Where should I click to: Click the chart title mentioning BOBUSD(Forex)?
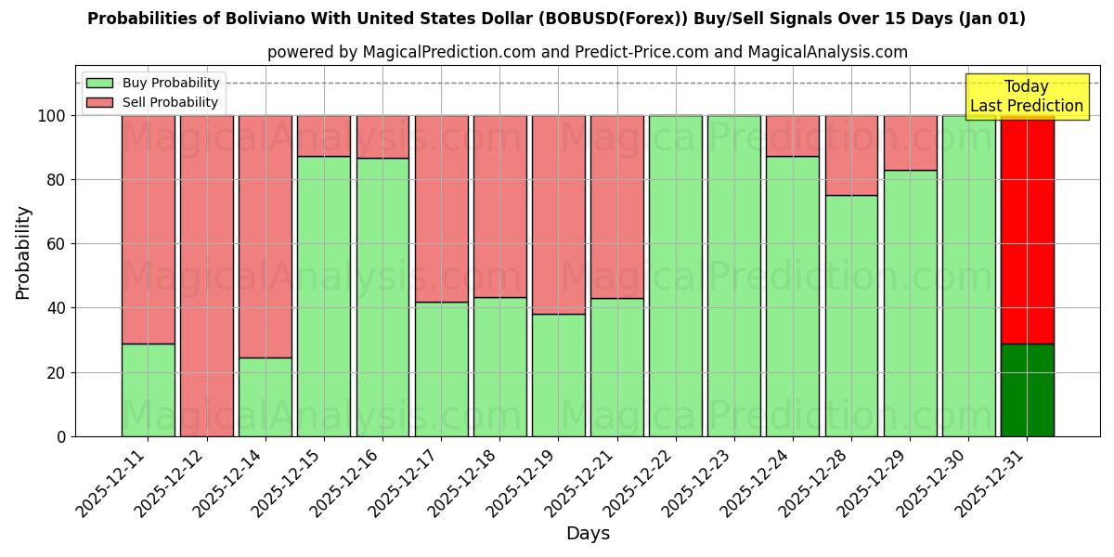click(556, 19)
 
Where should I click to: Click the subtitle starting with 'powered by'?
click(587, 52)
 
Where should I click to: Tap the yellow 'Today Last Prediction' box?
click(1026, 97)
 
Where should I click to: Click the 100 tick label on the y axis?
click(53, 116)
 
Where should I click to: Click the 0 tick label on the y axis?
click(62, 436)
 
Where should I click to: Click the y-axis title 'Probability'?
click(23, 253)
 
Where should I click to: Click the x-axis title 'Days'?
click(588, 534)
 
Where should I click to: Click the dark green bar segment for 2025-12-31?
click(1027, 390)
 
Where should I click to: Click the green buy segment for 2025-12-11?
click(148, 390)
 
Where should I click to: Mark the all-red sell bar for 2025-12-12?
click(206, 276)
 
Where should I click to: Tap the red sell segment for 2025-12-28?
click(851, 155)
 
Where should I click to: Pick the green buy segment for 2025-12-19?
click(558, 375)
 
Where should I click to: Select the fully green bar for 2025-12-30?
click(968, 276)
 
